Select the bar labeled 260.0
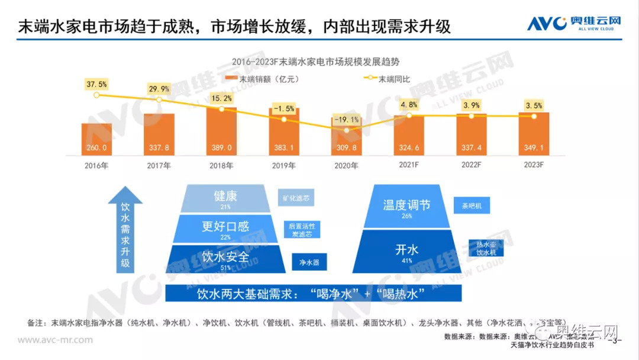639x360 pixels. point(96,140)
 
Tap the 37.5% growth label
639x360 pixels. point(96,84)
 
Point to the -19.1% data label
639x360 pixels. point(346,119)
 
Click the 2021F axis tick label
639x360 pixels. point(408,166)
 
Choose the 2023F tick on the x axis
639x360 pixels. point(534,166)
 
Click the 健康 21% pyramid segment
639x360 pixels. point(225,198)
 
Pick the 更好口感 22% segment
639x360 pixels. point(225,229)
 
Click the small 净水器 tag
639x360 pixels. point(309,262)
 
